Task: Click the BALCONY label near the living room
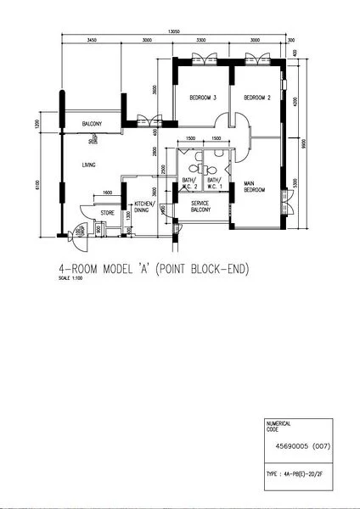pyautogui.click(x=93, y=125)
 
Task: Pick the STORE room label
pyautogui.click(x=108, y=213)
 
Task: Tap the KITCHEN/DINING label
pyautogui.click(x=144, y=207)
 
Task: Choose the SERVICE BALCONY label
pyautogui.click(x=200, y=206)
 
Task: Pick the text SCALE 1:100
pyautogui.click(x=71, y=277)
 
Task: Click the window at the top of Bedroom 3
pyautogui.click(x=202, y=59)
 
